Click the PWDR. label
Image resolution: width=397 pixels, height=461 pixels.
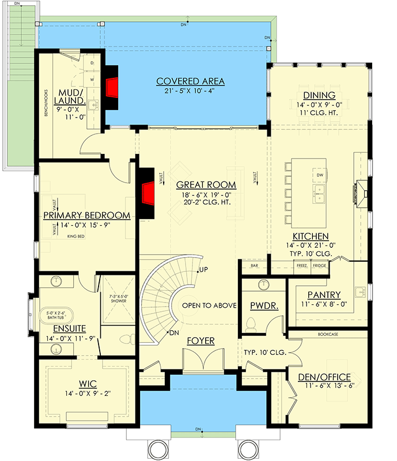click(263, 307)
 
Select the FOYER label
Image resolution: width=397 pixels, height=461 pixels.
click(200, 341)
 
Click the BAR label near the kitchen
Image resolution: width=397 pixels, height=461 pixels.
click(254, 266)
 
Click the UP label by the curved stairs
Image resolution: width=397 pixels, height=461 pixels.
click(203, 270)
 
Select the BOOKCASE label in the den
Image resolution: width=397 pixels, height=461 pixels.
click(327, 334)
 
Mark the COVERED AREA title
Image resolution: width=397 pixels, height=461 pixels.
click(190, 81)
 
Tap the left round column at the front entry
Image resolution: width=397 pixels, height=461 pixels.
click(155, 447)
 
